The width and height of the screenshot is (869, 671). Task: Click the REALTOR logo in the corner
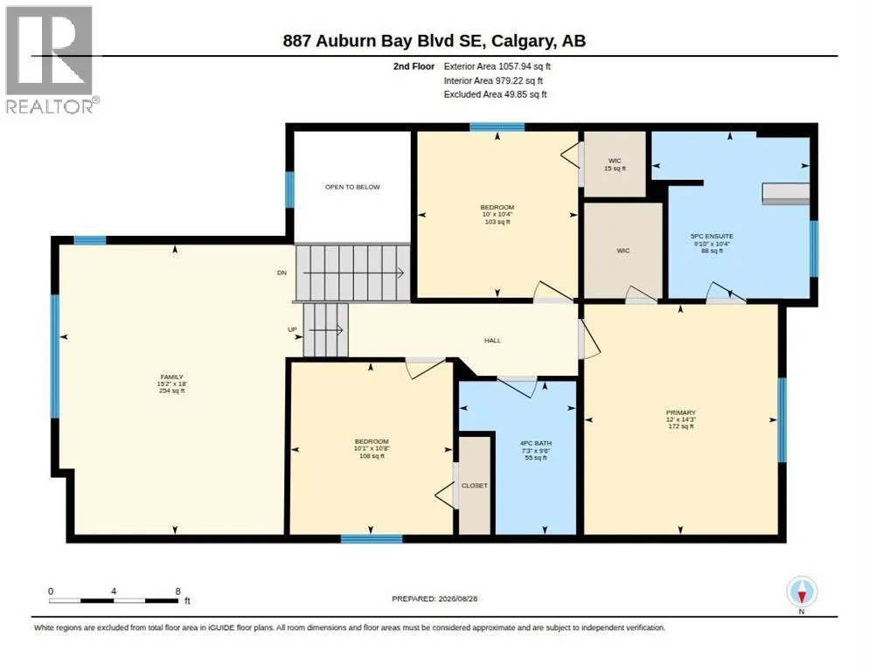tap(52, 59)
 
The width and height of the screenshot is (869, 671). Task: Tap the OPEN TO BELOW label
tap(352, 187)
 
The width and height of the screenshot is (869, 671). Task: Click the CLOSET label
tap(475, 486)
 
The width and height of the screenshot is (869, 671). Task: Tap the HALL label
tap(493, 341)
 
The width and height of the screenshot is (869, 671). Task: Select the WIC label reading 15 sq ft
tap(615, 164)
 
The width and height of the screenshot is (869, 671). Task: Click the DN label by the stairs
tap(282, 273)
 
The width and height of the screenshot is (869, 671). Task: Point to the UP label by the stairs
tap(292, 329)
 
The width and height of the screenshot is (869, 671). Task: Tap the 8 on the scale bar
tap(177, 591)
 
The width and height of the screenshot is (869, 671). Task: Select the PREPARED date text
tap(434, 599)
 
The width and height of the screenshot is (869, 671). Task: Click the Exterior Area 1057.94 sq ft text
tap(497, 66)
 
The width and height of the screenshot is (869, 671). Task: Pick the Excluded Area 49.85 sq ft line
tap(496, 94)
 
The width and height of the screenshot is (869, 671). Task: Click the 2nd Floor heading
tap(414, 66)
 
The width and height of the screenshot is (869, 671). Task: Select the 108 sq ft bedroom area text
tap(372, 456)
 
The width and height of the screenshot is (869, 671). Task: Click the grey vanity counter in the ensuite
tap(785, 193)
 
